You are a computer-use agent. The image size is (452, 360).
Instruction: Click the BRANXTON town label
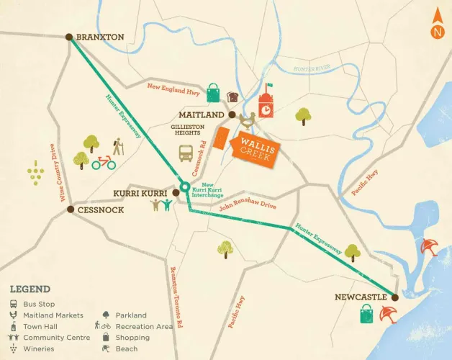pyautogui.click(x=101, y=37)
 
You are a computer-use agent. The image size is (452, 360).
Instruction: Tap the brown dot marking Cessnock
pyautogui.click(x=71, y=210)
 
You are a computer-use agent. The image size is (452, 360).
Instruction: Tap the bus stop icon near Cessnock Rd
pyautogui.click(x=186, y=153)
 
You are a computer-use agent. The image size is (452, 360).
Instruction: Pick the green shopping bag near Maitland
pyautogui.click(x=214, y=94)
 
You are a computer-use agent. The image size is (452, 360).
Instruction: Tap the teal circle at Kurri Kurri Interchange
pyautogui.click(x=184, y=188)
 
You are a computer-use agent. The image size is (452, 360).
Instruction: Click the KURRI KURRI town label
pyautogui.click(x=140, y=193)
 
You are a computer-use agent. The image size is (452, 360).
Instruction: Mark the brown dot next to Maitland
pyautogui.click(x=232, y=114)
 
